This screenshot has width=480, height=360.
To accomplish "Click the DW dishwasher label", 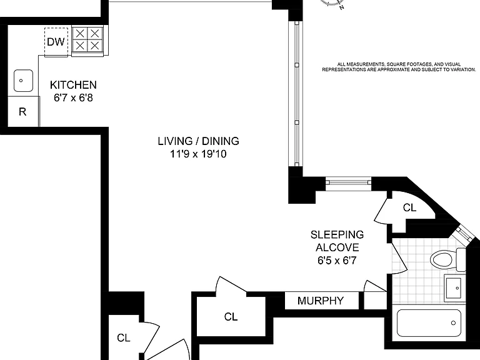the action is point(56,42).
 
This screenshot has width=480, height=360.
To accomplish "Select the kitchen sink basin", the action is point(23,81).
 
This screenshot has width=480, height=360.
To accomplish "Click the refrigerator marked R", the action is point(22,112).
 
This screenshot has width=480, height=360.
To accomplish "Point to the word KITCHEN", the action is point(73,85).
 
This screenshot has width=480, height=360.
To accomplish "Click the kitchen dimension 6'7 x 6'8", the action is point(73,97).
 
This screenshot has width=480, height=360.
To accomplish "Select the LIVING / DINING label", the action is point(198,141).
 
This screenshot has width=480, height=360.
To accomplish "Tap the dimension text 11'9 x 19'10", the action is point(198,154).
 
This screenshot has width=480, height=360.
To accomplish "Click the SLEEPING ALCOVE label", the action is point(337,241).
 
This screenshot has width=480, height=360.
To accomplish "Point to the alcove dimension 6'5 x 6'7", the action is point(337,261).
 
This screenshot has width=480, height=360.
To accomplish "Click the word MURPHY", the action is point(321,301).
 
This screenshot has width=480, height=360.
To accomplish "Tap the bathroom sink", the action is point(453,288).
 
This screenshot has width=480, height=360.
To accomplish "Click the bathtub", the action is point(429,323).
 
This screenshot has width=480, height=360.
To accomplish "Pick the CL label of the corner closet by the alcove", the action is point(409,208).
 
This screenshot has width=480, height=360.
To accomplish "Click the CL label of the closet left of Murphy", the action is point(231,316).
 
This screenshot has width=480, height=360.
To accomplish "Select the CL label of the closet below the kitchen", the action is point(124,337).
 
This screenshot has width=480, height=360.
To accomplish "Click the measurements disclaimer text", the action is point(399,67).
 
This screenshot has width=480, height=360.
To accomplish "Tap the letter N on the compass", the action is point(342,7).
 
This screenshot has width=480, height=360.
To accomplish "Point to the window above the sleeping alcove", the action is point(348,182).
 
